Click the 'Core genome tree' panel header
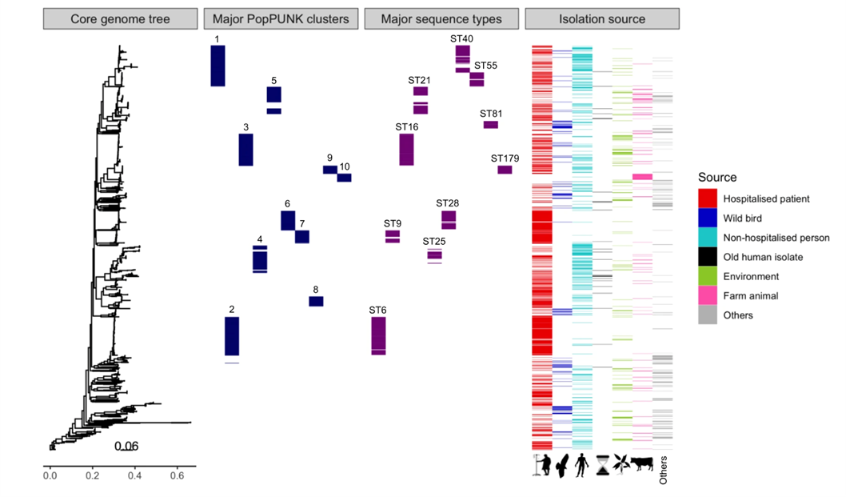point(120,19)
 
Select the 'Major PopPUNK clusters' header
point(281,19)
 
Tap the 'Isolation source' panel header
point(602,19)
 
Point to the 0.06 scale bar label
point(126,447)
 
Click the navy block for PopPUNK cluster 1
point(217,66)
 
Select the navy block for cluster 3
point(246,150)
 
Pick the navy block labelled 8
point(316,301)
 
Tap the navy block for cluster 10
point(344,178)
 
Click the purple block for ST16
point(406,150)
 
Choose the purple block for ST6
point(379,335)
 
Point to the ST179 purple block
point(505,170)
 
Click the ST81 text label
point(490,114)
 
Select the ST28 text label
point(447,203)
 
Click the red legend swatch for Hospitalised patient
point(707,199)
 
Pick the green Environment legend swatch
point(707,276)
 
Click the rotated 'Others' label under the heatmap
point(663,471)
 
